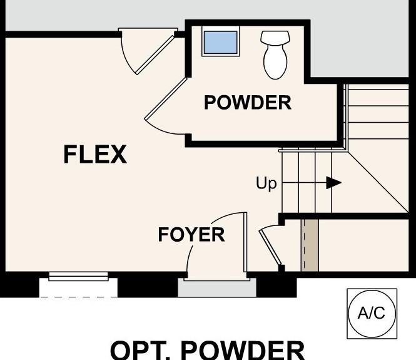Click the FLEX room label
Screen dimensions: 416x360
click(x=95, y=154)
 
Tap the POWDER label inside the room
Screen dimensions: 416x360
click(x=248, y=103)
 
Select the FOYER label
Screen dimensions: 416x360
click(x=191, y=234)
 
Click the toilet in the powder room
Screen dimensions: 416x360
click(x=275, y=54)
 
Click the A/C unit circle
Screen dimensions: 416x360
click(x=372, y=314)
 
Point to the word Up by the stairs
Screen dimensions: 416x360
click(x=266, y=183)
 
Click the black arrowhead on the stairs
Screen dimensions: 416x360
click(x=334, y=183)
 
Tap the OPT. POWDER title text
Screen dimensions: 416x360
click(x=208, y=351)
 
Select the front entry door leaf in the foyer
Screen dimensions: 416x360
click(x=245, y=242)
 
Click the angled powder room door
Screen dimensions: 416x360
click(x=166, y=98)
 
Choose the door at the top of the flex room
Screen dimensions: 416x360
click(x=155, y=55)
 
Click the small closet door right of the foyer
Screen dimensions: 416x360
click(x=270, y=247)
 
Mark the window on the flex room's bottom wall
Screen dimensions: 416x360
click(x=78, y=276)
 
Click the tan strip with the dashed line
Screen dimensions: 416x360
click(x=310, y=245)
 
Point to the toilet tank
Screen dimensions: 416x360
click(x=275, y=38)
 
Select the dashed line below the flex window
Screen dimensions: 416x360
click(x=78, y=297)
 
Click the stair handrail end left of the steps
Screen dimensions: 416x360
click(x=280, y=151)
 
